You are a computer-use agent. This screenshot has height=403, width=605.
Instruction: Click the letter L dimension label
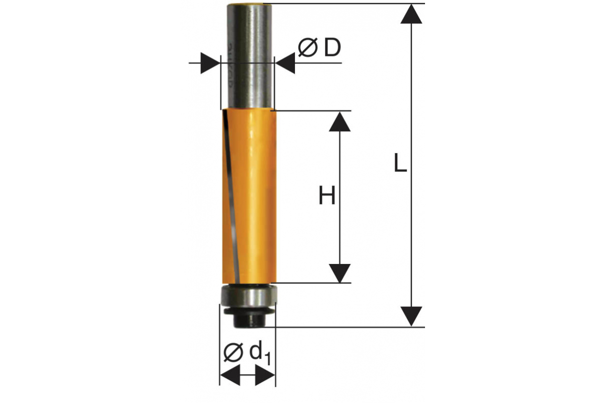(400, 162)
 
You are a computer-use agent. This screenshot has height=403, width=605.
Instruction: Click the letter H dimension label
(327, 195)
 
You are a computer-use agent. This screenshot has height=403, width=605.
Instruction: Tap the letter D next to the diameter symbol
(332, 47)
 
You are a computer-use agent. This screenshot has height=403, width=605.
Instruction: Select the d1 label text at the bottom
(260, 354)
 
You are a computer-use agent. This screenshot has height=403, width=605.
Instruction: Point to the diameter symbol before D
(308, 48)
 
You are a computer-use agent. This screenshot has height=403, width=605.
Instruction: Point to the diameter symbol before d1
(233, 352)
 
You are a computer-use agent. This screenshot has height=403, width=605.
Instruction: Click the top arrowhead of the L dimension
(411, 14)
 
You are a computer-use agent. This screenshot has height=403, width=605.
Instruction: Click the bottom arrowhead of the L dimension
(411, 316)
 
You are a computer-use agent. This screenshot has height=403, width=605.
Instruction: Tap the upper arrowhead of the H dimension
(340, 122)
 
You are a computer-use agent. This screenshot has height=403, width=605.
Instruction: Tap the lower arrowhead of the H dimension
(340, 273)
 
